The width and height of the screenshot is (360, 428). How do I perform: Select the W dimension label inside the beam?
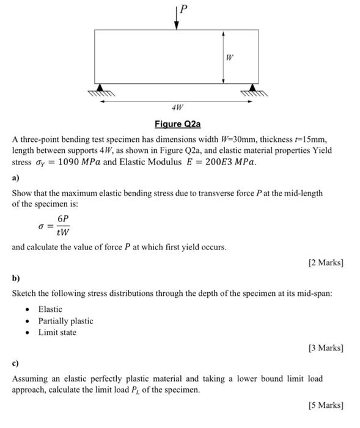229,58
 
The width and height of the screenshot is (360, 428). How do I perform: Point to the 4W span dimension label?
177,108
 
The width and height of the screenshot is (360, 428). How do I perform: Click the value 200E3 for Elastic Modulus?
211,163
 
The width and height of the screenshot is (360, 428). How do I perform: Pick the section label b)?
16,278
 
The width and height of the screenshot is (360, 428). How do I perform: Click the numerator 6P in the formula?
62,219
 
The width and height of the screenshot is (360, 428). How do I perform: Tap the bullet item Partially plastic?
65,321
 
